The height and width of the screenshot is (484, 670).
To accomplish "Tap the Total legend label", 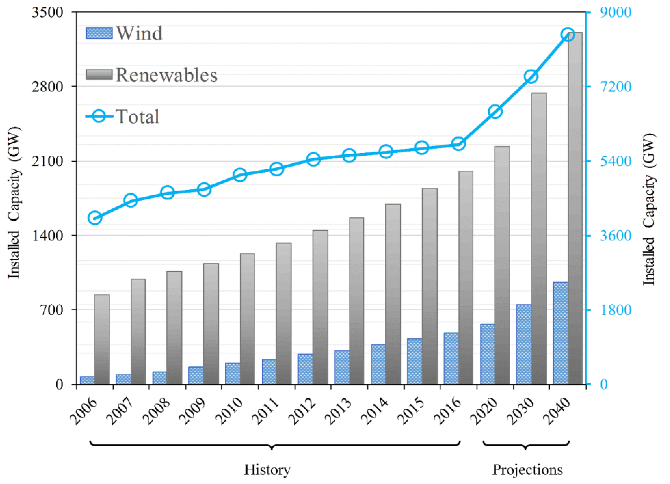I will pos(137,116).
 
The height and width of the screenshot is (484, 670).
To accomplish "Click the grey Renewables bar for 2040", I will pos(575,208).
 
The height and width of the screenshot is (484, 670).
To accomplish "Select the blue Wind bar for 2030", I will pos(524,344).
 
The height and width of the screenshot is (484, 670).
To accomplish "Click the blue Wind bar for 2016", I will pos(451,358).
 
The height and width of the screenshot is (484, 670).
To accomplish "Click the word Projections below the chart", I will pos(528,470).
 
